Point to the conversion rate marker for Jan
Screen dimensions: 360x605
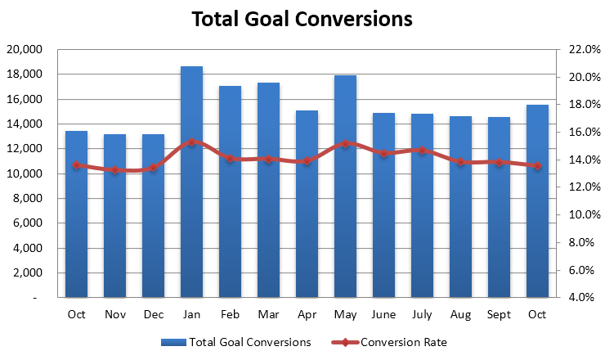point(191,142)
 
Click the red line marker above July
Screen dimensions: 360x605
point(422,151)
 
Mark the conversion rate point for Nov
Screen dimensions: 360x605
point(114,170)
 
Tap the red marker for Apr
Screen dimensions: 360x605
point(307,161)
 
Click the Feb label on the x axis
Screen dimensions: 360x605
point(230,315)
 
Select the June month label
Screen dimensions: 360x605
point(383,315)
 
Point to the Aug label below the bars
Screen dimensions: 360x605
point(460,315)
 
